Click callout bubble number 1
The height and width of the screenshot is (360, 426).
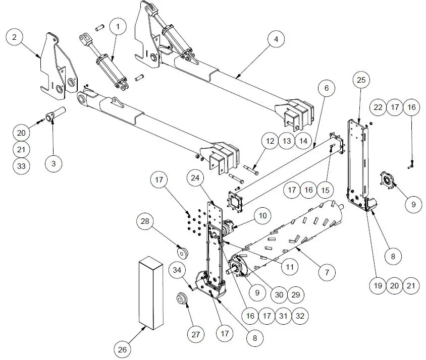(118, 26)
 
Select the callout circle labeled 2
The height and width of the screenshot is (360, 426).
(15, 37)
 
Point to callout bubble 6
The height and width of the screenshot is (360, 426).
(326, 88)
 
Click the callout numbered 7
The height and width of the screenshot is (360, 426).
(327, 272)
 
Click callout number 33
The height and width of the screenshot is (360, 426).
(22, 167)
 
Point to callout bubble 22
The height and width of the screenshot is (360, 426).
(378, 107)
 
